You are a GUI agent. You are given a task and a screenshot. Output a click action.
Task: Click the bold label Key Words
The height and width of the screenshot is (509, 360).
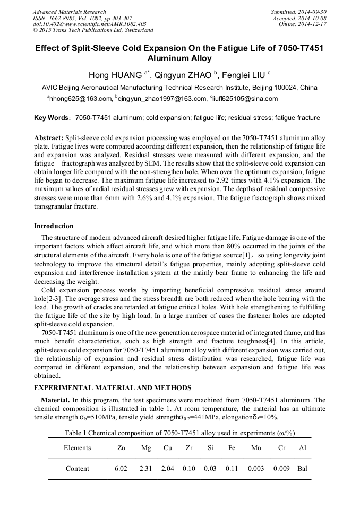pos(52,118)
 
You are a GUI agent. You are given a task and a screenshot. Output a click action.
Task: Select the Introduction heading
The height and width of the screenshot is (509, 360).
pos(54,226)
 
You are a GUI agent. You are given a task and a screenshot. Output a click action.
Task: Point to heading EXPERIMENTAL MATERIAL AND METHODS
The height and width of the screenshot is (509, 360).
pos(112,388)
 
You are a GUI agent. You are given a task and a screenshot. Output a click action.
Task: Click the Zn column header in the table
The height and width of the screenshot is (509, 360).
pos(121,448)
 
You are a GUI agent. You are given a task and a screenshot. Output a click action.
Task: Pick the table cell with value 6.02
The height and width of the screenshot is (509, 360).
pos(121,469)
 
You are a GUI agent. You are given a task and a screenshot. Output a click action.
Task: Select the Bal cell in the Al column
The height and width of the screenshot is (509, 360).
pos(303,469)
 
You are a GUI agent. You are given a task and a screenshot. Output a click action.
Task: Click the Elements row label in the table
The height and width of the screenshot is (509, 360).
pos(78,448)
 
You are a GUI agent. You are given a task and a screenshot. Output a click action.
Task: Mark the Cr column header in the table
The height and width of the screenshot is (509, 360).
pos(281,448)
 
